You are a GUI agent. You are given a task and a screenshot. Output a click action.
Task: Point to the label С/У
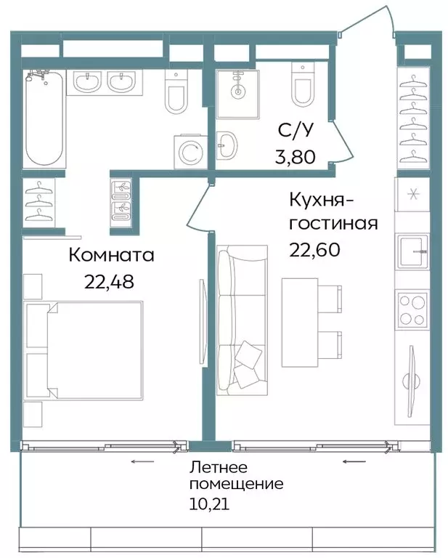point(297,131)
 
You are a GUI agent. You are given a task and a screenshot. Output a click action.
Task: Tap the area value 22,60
point(314,249)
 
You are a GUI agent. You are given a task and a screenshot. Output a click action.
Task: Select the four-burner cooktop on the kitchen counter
point(412,308)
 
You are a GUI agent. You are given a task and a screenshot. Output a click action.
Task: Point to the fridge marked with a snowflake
point(412,196)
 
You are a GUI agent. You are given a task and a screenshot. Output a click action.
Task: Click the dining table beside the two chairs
point(300,316)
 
